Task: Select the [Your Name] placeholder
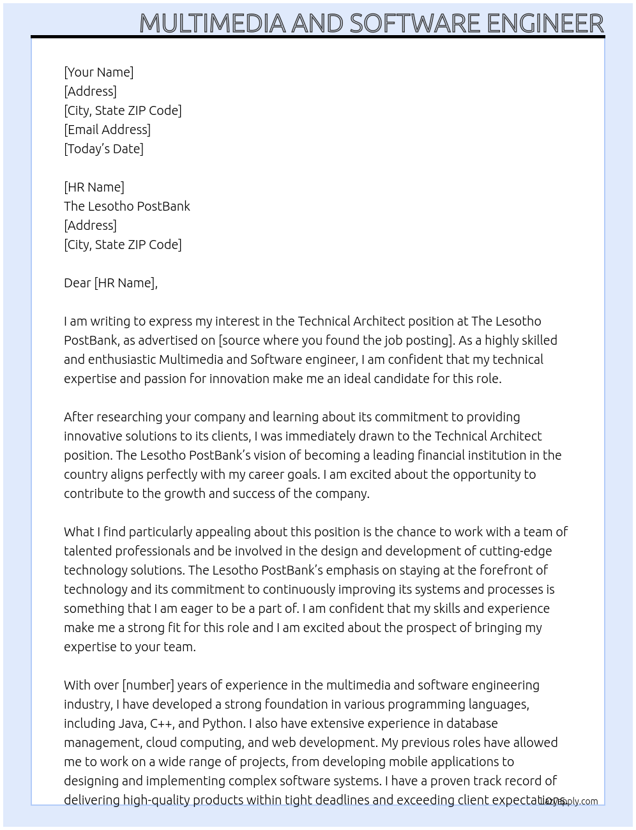(99, 72)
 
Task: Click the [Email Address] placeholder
(107, 130)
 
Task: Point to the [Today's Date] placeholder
(103, 149)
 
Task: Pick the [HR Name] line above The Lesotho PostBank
(94, 187)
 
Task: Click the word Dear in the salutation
(77, 283)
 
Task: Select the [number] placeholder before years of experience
(148, 685)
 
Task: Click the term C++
(161, 723)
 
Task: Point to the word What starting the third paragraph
(79, 532)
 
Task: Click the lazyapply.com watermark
(570, 801)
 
